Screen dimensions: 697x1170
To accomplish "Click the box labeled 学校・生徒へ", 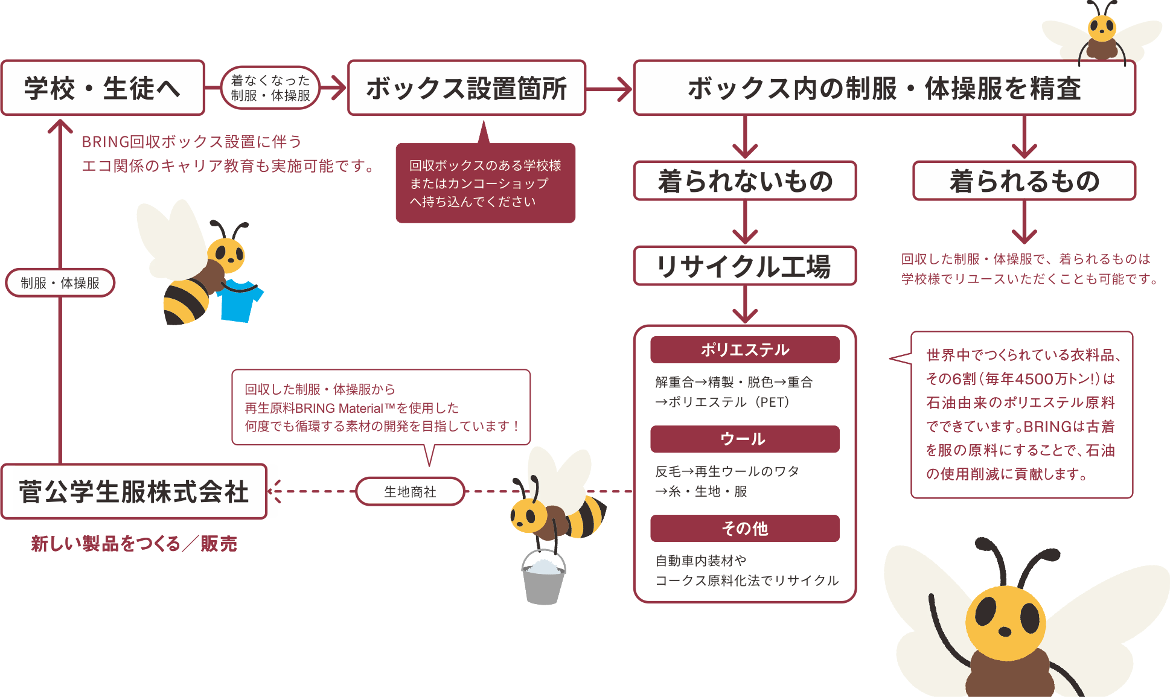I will pos(103,88).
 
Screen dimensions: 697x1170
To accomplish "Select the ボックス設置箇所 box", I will pos(467,88).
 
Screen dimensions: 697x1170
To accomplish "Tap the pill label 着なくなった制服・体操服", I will pos(270,88).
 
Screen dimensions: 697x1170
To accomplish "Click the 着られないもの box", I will pos(745,181).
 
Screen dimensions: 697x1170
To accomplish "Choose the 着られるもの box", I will pos(1024,181).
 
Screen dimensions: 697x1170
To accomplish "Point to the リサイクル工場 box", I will pos(745,266).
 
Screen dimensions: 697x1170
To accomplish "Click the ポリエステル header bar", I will pos(745,350).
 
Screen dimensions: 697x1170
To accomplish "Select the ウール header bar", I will pos(745,439).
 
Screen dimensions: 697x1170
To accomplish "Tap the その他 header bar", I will pos(745,529).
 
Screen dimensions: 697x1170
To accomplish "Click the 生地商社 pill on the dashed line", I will pos(410,492).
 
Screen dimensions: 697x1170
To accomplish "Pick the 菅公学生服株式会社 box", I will pos(133,492).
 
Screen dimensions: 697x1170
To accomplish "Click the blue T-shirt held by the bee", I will pos(240,301).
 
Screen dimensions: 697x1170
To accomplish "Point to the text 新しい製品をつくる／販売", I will pos(133,544).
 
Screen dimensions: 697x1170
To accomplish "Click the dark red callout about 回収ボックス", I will pos(485,183).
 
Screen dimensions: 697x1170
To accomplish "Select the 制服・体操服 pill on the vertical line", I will pos(60,283).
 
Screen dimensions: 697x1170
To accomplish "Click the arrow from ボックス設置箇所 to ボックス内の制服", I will pos(610,89).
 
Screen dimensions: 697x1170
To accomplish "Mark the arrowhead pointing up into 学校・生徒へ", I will pos(60,127).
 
